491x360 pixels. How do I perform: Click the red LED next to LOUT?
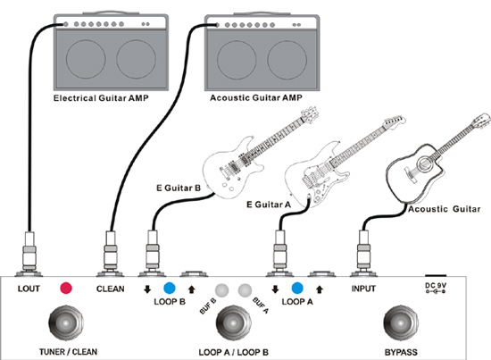click(66, 288)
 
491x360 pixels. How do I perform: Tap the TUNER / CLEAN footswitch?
click(66, 322)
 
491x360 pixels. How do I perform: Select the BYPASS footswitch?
click(401, 323)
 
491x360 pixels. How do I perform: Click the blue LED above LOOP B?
click(170, 288)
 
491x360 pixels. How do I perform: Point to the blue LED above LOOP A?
click(297, 288)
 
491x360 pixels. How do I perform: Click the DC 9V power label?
click(436, 286)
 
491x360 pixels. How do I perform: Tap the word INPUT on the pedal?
click(363, 289)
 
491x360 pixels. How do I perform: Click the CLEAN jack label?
click(110, 289)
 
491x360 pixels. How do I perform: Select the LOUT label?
click(29, 289)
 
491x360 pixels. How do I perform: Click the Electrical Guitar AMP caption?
click(101, 98)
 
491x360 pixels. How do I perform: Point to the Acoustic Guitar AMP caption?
click(256, 97)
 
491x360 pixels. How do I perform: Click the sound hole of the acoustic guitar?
click(424, 163)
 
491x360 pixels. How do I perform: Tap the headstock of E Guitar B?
click(310, 113)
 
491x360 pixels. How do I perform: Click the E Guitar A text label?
click(269, 205)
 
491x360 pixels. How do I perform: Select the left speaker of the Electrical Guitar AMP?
click(86, 59)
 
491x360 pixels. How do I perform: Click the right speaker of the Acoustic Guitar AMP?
click(287, 60)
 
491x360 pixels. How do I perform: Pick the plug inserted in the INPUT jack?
click(363, 253)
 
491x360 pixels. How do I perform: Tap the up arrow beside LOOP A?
click(319, 289)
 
